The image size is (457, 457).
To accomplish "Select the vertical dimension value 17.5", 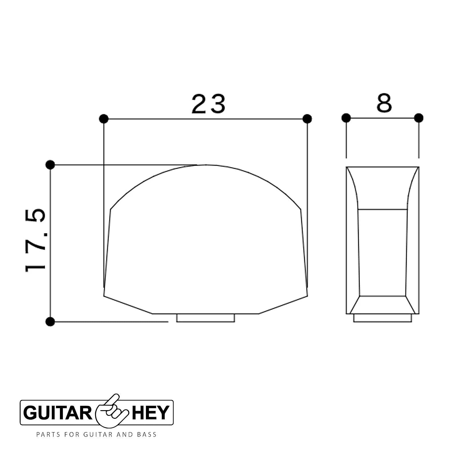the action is point(35,240).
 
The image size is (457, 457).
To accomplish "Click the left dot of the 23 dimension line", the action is point(104,119).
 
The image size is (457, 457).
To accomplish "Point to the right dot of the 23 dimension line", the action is point(307,119).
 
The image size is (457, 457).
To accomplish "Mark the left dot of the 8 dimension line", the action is point(346,118).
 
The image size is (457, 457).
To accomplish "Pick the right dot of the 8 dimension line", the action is point(418,118).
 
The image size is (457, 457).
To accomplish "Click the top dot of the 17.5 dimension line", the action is point(50,165).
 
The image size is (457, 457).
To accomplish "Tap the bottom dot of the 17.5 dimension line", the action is point(50,322).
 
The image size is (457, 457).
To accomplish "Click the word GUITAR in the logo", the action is point(58,413).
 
